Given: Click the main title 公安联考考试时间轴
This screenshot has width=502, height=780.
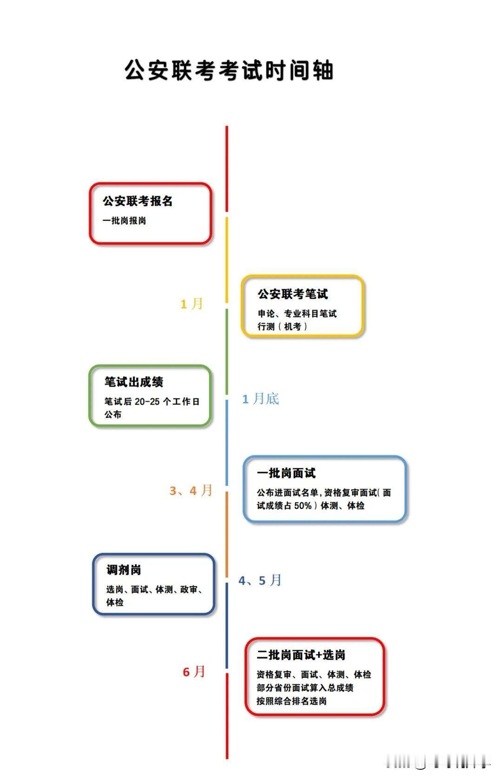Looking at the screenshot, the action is (229, 71).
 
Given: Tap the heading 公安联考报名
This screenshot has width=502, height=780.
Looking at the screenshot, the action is (138, 201).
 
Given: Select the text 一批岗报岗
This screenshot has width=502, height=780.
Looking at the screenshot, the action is (125, 221).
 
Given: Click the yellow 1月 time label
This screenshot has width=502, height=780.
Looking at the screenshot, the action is (192, 304).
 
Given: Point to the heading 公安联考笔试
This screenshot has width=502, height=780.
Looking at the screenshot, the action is (293, 294).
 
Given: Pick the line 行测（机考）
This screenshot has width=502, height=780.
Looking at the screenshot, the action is (283, 327).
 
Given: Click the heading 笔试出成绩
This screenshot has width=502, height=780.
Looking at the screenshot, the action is (134, 382).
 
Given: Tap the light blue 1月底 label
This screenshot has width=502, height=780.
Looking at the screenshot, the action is (260, 399).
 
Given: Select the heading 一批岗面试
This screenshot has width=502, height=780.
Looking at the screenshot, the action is (286, 473).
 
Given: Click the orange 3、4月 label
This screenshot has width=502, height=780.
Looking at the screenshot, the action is (191, 490).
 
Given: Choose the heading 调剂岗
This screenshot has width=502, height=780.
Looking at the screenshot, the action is (124, 570).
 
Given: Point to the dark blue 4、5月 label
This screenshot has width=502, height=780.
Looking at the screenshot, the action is (260, 580).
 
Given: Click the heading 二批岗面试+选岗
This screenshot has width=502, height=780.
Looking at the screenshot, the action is (301, 655).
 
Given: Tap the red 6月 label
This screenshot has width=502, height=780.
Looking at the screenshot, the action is (194, 672).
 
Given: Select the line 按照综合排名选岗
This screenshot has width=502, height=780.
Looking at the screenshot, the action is (291, 701).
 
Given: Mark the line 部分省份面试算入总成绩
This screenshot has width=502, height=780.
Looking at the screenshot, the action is (305, 688).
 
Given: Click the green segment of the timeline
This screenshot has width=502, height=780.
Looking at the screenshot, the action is (227, 351).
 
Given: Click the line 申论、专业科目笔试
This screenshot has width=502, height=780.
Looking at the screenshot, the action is (297, 314).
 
